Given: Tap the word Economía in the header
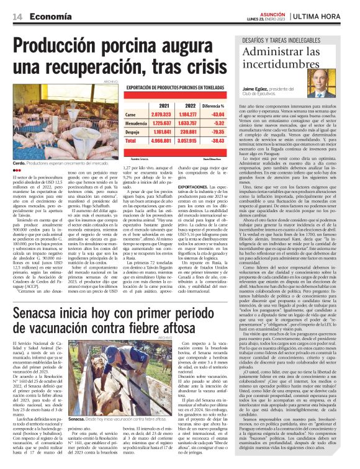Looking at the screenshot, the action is coord(48,17).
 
